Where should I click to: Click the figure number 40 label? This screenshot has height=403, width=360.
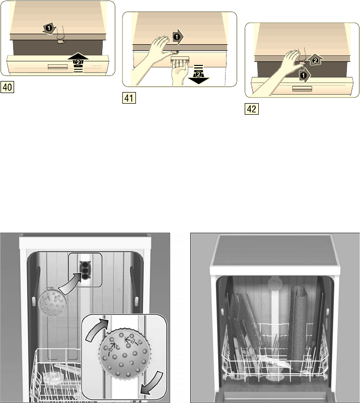[x=7, y=87]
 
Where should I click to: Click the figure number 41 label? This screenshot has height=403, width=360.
[x=129, y=98]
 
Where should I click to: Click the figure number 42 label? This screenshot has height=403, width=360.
[x=251, y=109]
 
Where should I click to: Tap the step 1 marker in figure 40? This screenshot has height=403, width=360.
[x=49, y=28]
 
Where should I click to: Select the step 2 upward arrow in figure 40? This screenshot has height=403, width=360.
[x=78, y=62]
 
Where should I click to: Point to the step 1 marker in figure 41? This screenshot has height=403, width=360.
[x=177, y=37]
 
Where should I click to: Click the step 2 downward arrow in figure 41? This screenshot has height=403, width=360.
[x=198, y=74]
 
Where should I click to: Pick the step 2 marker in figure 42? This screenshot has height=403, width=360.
[x=315, y=61]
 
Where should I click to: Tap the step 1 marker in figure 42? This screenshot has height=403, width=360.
[x=305, y=75]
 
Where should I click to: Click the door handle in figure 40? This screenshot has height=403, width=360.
[x=58, y=67]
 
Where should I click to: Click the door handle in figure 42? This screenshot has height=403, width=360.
[x=303, y=89]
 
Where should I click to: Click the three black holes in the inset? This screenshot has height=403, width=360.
[x=85, y=270]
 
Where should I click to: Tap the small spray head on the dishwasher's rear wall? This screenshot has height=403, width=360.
[x=52, y=303]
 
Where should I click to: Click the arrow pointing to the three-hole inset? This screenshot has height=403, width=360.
[x=70, y=285]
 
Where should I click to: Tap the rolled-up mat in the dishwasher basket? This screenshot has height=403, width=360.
[x=298, y=328]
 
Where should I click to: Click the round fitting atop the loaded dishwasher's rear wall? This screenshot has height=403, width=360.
[x=275, y=284]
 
